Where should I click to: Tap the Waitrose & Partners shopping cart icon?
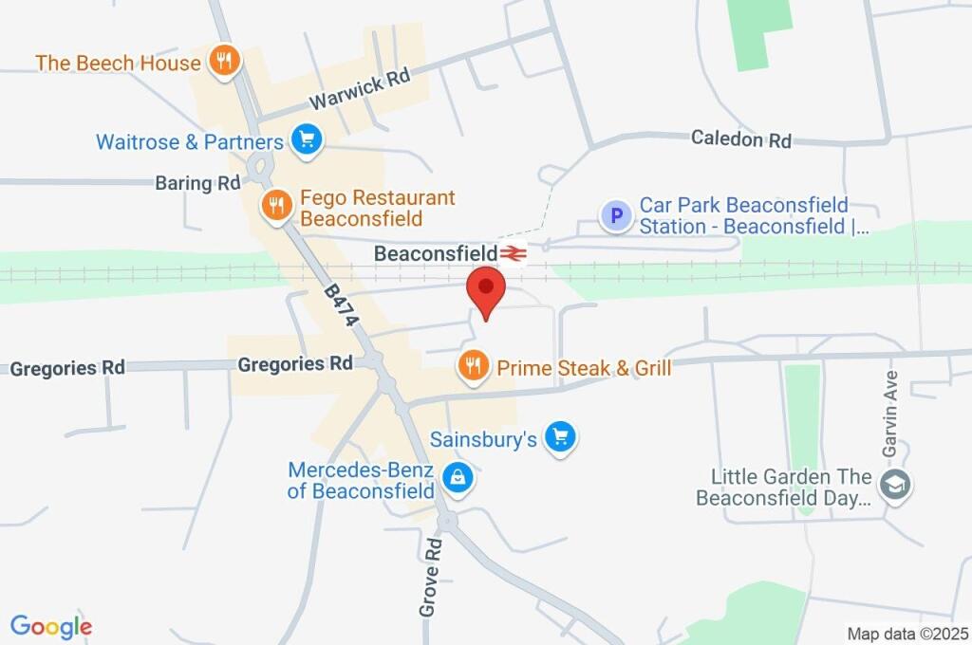click(307, 140)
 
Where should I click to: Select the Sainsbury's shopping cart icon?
click(562, 437)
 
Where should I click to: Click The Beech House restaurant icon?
click(224, 62)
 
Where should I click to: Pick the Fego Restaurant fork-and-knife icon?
click(276, 205)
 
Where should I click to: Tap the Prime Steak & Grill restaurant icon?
click(473, 365)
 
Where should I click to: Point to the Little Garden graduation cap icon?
click(894, 484)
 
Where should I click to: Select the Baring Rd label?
click(197, 183)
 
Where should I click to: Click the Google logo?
click(51, 626)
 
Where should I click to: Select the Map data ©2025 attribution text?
click(907, 634)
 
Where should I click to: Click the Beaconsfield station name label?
click(436, 253)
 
